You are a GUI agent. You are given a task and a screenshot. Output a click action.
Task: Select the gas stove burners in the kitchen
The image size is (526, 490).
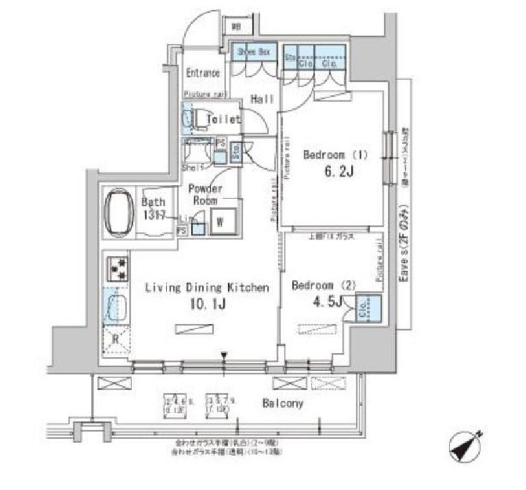tap(117, 267)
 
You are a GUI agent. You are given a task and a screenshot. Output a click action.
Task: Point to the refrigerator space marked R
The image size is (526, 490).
tap(117, 338)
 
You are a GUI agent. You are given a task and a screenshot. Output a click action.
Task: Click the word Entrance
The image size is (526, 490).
tap(203, 73)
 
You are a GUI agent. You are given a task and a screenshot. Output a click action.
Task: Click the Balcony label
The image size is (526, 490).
tap(282, 404)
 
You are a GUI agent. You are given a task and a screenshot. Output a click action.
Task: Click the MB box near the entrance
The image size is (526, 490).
tap(236, 27)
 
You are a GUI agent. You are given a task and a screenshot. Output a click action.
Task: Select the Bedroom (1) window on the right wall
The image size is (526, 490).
tap(389, 157)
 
